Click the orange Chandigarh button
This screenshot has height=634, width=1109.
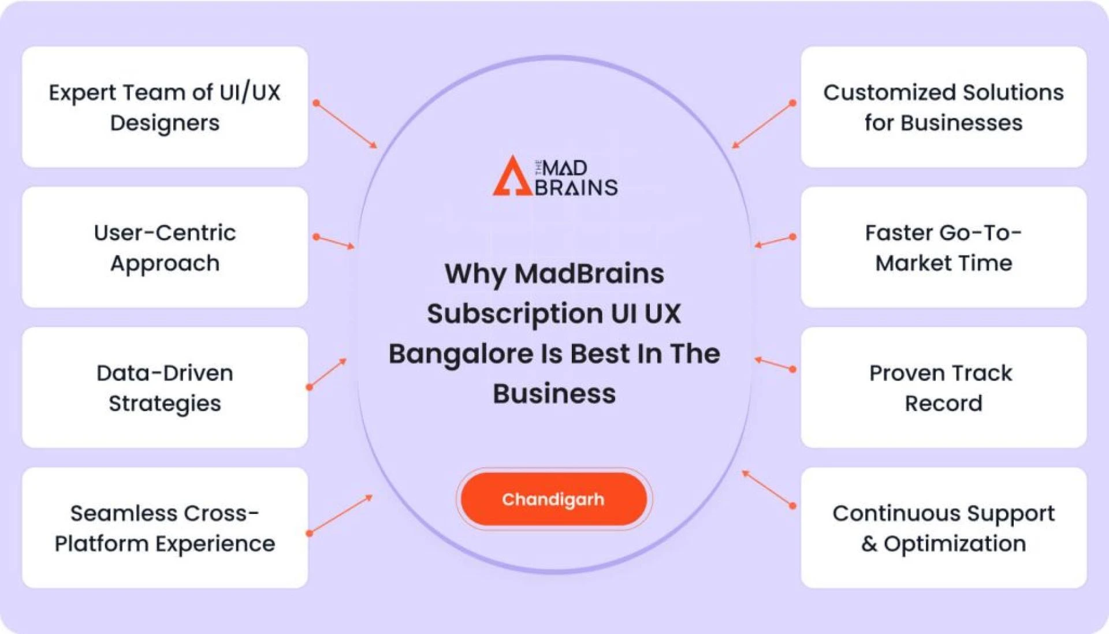[553, 499]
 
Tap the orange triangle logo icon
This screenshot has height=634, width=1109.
[511, 177]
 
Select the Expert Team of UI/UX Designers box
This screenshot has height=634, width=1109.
[165, 107]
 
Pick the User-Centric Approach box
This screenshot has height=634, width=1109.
[165, 248]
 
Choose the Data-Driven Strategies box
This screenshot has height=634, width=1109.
[165, 388]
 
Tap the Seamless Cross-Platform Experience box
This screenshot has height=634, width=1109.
[165, 528]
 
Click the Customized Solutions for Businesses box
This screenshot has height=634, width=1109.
[943, 107]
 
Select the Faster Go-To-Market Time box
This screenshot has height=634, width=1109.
[943, 248]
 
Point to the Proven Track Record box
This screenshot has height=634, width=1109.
[943, 388]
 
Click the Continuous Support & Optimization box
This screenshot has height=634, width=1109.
[943, 528]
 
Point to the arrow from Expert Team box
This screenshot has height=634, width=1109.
[346, 125]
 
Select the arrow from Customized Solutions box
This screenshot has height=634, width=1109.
[762, 125]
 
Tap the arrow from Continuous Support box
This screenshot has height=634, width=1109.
[768, 488]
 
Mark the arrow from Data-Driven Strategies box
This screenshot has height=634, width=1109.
[328, 373]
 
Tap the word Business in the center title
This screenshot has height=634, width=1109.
[554, 394]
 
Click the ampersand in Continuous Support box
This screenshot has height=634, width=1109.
[869, 544]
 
